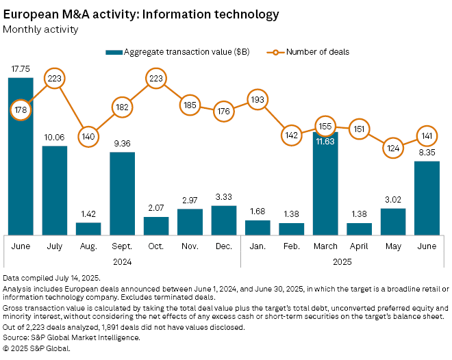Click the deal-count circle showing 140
coord(88,136)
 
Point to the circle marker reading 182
coord(122,107)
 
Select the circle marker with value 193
coord(257,101)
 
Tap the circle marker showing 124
coord(392,148)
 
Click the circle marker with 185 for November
coord(190,105)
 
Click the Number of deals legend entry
coord(316,52)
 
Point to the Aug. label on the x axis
coord(88,245)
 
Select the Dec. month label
coord(223,245)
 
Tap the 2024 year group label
coord(122,261)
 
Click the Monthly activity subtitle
coord(40,29)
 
